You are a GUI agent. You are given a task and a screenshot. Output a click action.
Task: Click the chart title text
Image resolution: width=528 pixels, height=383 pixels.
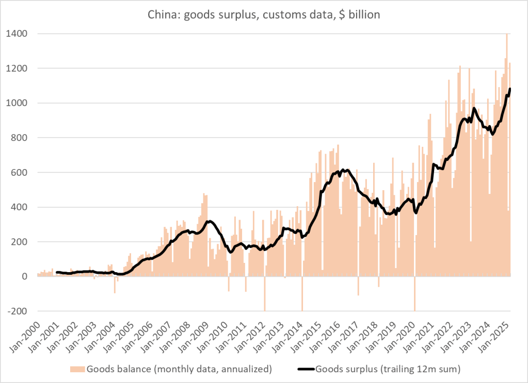[x=263, y=15]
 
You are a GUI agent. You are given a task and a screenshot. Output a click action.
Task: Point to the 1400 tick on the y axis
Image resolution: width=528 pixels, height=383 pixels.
[x=17, y=34]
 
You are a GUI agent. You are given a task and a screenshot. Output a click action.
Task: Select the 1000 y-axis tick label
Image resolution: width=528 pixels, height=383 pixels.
[x=17, y=103]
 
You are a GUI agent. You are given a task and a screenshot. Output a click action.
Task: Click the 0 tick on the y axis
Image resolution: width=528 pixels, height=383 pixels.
[x=24, y=277]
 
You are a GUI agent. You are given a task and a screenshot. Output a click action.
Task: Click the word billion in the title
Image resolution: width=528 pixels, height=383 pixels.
[x=363, y=15]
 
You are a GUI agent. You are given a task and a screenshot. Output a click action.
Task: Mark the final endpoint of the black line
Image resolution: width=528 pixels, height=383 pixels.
[x=510, y=89]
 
